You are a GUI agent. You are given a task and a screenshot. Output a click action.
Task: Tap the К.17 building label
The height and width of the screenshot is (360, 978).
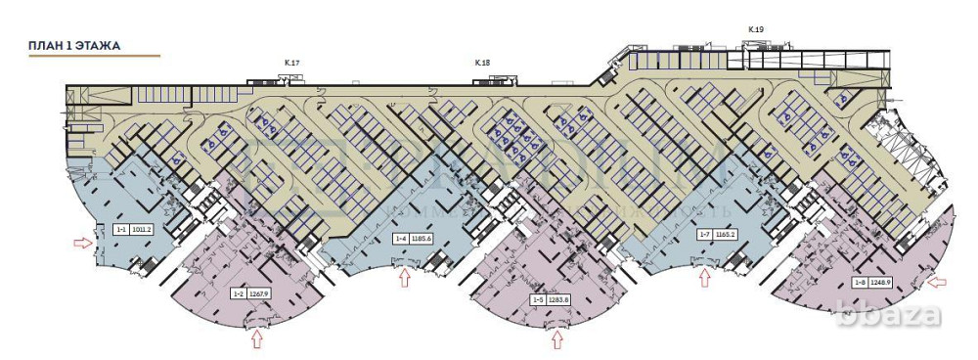(291, 64)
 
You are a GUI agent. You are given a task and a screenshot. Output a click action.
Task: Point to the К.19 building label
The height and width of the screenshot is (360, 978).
(755, 29)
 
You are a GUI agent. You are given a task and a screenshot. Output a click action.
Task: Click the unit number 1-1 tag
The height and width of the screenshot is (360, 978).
(121, 230)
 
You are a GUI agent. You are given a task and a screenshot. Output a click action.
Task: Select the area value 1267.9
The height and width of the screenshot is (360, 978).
(258, 292)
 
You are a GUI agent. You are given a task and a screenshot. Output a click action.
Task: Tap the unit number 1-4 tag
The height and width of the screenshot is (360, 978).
(400, 238)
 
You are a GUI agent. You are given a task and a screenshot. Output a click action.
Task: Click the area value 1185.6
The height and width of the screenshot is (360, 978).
(422, 238)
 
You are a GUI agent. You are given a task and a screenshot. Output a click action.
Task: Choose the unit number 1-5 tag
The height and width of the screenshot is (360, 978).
(537, 299)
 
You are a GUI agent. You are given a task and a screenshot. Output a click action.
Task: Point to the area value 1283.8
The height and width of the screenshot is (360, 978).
(558, 299)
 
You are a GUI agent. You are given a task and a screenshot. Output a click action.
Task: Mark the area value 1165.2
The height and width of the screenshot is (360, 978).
(725, 236)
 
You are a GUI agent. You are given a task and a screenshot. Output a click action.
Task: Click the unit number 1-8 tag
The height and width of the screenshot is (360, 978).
(860, 283)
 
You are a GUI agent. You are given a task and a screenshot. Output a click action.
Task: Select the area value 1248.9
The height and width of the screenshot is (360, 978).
(882, 283)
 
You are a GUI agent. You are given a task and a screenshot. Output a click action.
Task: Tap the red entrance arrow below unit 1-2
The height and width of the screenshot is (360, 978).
(257, 338)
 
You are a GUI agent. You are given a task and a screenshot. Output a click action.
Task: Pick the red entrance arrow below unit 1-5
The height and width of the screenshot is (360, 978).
(557, 339)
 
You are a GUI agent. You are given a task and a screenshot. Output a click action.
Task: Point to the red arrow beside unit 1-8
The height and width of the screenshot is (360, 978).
(937, 283)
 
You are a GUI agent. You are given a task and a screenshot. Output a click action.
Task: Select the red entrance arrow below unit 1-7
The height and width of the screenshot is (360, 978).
(704, 279)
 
